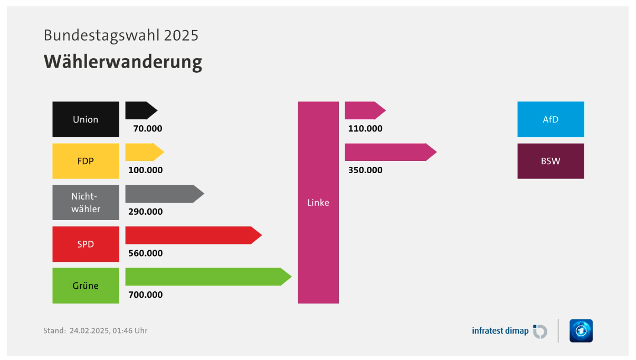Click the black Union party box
86,119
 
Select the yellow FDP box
86,161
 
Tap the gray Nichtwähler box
86,202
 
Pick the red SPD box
86,244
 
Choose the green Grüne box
86,286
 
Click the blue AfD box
551,119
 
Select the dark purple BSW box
551,161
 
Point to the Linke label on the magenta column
318,202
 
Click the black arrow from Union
141,110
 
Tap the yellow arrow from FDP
145,152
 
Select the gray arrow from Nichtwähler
165,194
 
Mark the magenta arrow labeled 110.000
365,110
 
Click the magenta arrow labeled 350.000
391,152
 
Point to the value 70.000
148,129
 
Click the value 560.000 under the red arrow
145,253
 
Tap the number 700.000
145,295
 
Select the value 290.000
145,212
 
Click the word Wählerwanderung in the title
123,62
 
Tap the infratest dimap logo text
500,331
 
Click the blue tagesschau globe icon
581,331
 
